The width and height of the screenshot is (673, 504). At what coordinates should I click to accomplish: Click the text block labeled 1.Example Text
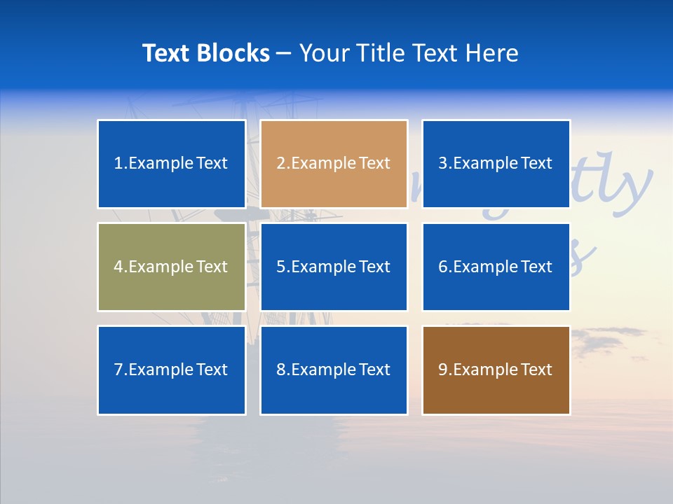tap(172, 164)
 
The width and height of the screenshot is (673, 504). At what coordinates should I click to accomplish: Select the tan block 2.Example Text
tap(334, 164)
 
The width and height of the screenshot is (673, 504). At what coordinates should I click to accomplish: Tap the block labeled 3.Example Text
tap(496, 164)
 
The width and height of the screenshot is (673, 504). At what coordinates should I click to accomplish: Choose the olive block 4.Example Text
tap(172, 267)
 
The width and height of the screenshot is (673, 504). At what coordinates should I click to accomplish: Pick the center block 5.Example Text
tap(334, 267)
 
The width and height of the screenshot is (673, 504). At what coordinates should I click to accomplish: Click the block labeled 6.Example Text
tap(496, 267)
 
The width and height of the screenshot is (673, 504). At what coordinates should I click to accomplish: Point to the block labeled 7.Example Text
tap(172, 370)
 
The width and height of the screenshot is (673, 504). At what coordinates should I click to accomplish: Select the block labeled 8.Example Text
tap(334, 370)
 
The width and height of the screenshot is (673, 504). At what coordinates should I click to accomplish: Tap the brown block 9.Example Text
tap(496, 370)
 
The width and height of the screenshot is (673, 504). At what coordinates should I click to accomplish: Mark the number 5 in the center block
tap(280, 267)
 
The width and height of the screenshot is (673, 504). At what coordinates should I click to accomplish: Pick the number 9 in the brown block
tap(443, 370)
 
